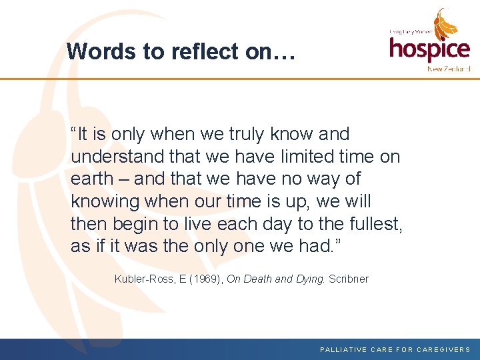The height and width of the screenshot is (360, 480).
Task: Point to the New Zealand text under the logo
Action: coord(448,69)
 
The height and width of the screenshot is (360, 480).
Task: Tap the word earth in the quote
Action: coord(92,179)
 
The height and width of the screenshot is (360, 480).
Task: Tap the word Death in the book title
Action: coord(257,279)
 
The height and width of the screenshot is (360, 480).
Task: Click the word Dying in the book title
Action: coord(310,279)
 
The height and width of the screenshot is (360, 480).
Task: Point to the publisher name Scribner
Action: coord(349,279)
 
